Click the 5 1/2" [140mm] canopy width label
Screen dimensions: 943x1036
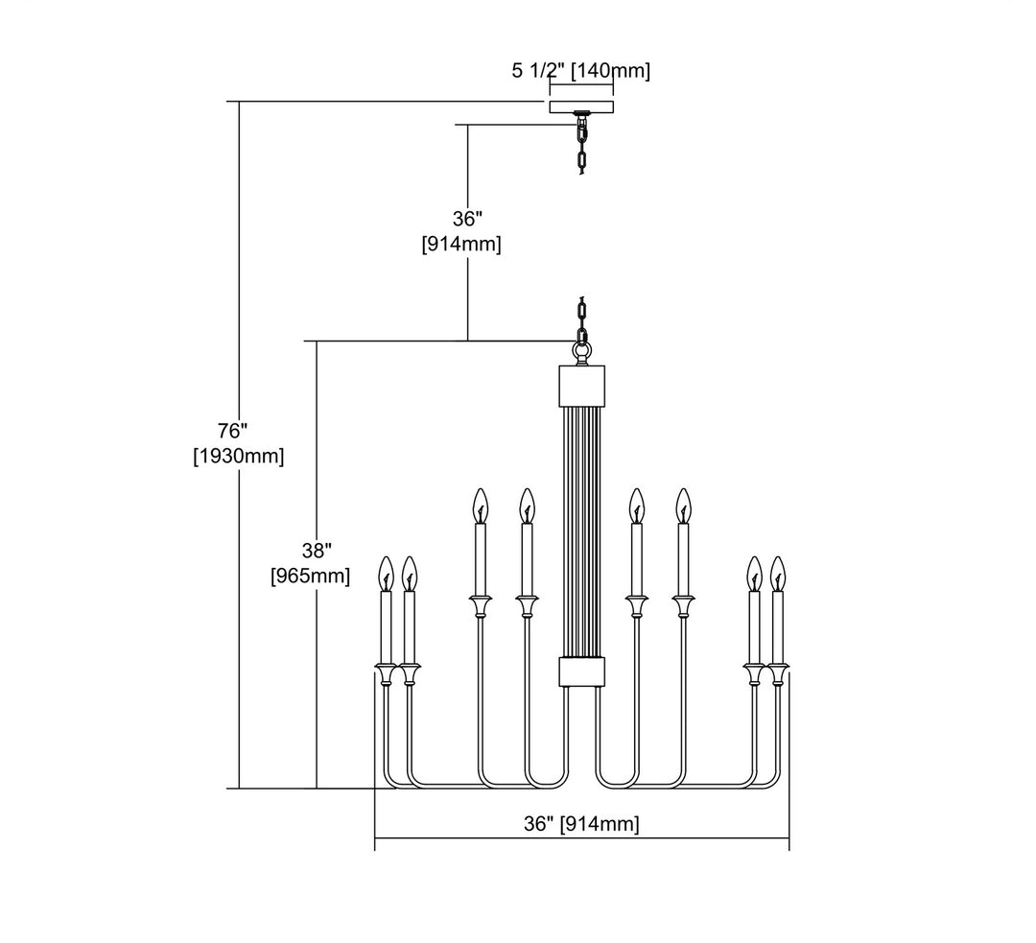tap(581, 70)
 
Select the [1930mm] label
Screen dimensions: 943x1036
tap(238, 457)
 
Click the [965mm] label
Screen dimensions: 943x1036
tap(311, 577)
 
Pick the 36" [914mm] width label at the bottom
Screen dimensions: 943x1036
tap(581, 823)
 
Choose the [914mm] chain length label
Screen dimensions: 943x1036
tap(461, 245)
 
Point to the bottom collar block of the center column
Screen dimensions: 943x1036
tap(581, 672)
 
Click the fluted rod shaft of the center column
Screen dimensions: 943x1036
tap(581, 528)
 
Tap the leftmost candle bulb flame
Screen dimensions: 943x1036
tap(386, 573)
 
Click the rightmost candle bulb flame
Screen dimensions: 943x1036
tap(777, 573)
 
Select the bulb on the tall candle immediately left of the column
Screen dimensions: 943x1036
tap(526, 506)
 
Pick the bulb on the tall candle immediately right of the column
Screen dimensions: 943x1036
tap(635, 506)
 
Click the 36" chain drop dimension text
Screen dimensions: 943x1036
tap(467, 219)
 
